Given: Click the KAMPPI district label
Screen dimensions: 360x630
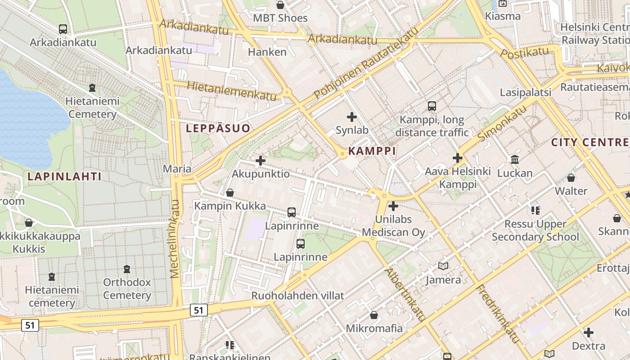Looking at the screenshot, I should pyautogui.click(x=372, y=151).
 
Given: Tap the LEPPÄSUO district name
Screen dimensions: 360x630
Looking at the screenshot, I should pyautogui.click(x=218, y=128).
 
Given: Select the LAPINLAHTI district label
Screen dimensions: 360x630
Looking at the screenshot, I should pyautogui.click(x=64, y=176).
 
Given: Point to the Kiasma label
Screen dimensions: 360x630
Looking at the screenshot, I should pyautogui.click(x=503, y=16).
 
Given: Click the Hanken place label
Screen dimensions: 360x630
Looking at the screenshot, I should pyautogui.click(x=267, y=52).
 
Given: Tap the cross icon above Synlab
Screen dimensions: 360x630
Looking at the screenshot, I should pyautogui.click(x=352, y=117).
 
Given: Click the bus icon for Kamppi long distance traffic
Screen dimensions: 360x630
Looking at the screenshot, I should pyautogui.click(x=432, y=106).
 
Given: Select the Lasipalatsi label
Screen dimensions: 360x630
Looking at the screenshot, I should pyautogui.click(x=526, y=92).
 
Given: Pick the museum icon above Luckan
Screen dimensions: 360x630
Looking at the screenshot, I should pyautogui.click(x=515, y=160).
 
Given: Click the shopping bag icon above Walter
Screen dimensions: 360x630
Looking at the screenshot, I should pyautogui.click(x=571, y=178).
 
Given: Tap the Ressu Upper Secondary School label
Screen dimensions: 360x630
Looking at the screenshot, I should pyautogui.click(x=535, y=230).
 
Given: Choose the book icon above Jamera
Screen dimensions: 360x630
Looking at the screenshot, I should pyautogui.click(x=443, y=266).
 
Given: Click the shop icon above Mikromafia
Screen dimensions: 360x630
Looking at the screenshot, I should pyautogui.click(x=374, y=315).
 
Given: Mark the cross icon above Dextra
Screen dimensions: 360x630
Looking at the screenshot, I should pyautogui.click(x=589, y=333).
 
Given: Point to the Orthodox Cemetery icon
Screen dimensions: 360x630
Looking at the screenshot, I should pyautogui.click(x=127, y=269).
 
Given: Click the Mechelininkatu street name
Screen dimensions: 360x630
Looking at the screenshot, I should pyautogui.click(x=175, y=238).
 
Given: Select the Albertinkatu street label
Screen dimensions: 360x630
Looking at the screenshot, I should pyautogui.click(x=405, y=295).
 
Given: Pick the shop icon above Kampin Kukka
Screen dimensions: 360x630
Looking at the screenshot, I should pyautogui.click(x=230, y=193).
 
